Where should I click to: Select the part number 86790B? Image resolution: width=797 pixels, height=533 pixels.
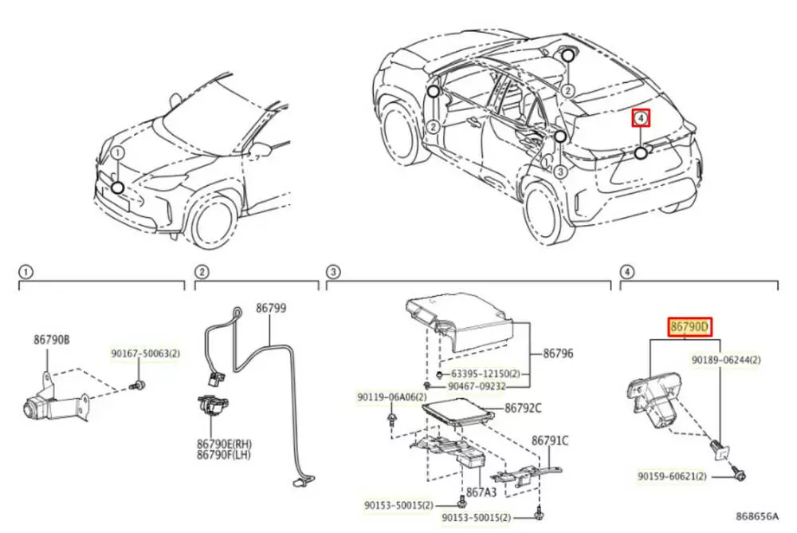coord(52,339)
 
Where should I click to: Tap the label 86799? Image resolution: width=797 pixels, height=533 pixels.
coord(269,307)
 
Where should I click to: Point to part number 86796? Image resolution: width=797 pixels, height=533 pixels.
coord(559,353)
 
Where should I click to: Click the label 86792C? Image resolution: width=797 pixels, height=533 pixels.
coord(523,408)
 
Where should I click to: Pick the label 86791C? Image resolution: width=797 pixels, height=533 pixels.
coord(550,440)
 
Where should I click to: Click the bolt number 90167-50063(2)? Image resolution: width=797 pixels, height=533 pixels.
coord(145,353)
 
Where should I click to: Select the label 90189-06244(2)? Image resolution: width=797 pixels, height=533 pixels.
coord(726,360)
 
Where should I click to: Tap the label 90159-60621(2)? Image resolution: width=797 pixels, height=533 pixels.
coord(671,476)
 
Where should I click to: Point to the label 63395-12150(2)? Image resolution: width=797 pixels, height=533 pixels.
coord(485,373)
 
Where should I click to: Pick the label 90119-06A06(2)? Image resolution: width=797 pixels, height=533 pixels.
coord(390,397)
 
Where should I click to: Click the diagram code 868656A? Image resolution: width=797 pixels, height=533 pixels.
coord(756,516)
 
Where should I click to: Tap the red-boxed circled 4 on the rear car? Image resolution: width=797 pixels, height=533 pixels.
coord(642,119)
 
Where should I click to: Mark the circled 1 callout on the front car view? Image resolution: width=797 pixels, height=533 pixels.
coord(117,152)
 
